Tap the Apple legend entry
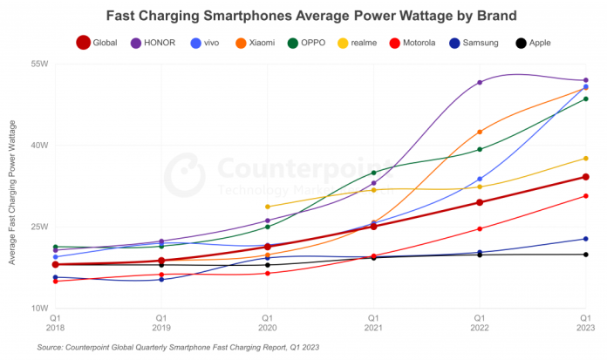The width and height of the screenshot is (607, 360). pyautogui.click(x=534, y=42)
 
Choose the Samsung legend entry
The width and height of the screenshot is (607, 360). pyautogui.click(x=476, y=42)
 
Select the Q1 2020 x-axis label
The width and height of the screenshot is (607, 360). pyautogui.click(x=267, y=323)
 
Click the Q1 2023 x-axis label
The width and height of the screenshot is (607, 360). pyautogui.click(x=584, y=323)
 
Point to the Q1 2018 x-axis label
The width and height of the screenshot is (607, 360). pyautogui.click(x=55, y=323)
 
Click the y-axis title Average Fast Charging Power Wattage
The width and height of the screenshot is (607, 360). pyautogui.click(x=12, y=186)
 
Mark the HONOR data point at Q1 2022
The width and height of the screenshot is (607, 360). pyautogui.click(x=480, y=83)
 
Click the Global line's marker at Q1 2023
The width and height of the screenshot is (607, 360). pyautogui.click(x=586, y=177)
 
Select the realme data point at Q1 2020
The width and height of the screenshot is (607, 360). pyautogui.click(x=267, y=207)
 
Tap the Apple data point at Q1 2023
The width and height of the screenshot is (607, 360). pyautogui.click(x=586, y=255)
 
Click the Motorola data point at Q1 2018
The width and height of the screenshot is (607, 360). pyautogui.click(x=55, y=282)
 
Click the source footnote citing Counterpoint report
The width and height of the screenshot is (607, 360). pyautogui.click(x=178, y=347)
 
